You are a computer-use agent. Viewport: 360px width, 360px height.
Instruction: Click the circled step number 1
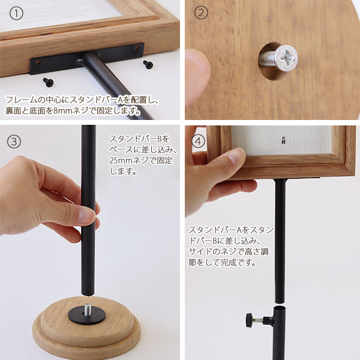tap(16, 13)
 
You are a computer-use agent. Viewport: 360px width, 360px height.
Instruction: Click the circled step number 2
tap(201, 13)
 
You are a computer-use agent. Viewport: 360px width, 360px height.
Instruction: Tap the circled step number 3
tap(14, 142)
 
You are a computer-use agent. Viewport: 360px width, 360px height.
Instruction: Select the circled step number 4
tap(198, 141)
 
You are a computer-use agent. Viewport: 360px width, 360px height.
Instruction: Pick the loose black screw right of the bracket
tap(148, 65)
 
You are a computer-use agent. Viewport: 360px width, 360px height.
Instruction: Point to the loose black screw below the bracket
tap(48, 82)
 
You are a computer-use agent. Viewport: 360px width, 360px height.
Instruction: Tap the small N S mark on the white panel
tap(284, 140)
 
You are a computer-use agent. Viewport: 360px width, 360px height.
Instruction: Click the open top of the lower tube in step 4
tap(280, 308)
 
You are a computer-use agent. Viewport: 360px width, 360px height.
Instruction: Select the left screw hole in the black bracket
tap(38, 62)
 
